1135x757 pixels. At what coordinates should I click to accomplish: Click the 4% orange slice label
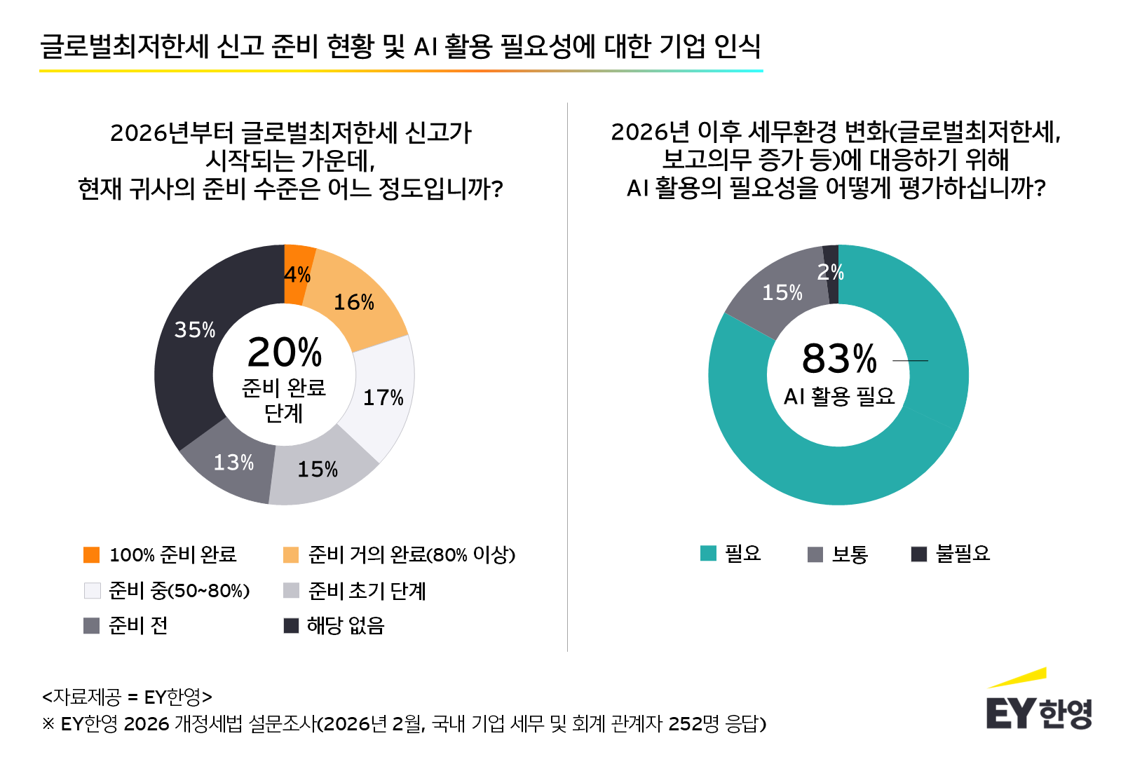(297, 275)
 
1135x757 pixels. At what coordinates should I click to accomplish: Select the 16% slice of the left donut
(354, 302)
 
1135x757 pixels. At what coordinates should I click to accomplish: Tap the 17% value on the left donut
(383, 397)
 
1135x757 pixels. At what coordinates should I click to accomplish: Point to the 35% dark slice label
(195, 329)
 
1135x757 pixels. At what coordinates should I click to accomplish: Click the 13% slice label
(233, 463)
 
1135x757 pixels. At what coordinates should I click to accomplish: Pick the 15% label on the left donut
(318, 469)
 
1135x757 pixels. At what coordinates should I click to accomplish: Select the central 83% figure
(839, 358)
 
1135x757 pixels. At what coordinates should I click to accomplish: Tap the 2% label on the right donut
(831, 272)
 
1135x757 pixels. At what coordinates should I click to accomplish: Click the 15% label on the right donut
(782, 292)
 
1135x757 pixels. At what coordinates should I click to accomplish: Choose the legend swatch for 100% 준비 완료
(92, 555)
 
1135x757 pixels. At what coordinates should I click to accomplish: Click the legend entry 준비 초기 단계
(367, 591)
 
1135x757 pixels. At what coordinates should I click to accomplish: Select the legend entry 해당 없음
(346, 625)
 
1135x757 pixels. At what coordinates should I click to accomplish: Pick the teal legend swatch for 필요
(709, 554)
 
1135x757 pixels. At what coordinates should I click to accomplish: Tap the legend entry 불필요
(963, 554)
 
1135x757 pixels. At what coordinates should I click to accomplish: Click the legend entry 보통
(850, 554)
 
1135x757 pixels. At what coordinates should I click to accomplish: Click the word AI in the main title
(426, 46)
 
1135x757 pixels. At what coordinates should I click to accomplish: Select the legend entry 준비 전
(138, 625)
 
